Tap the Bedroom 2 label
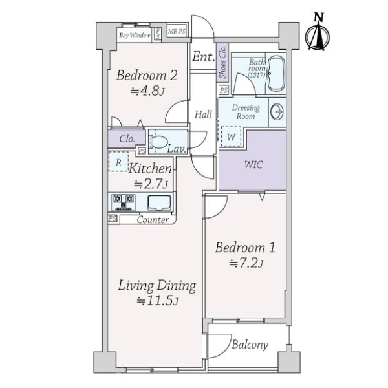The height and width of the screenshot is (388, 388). point(147,75)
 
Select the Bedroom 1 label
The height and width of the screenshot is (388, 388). point(245,248)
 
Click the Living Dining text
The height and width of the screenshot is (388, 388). point(157,286)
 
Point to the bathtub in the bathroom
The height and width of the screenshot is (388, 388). point(277,74)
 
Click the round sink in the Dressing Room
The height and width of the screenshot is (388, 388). point(277,112)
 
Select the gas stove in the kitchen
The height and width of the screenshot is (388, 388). point(124,202)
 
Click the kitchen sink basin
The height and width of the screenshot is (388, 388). point(159,202)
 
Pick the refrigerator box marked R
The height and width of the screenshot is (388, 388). point(118,162)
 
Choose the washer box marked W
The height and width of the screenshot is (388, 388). point(231,136)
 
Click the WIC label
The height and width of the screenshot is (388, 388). point(253,164)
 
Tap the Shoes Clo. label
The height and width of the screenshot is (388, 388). point(223,62)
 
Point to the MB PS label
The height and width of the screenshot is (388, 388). point(177,32)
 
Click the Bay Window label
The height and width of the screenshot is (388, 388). point(135,35)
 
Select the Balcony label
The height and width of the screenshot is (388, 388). point(250,345)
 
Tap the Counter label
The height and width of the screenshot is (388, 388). point(153,220)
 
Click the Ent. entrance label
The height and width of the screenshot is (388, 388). point(204,57)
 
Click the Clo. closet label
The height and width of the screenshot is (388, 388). point(127,139)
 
